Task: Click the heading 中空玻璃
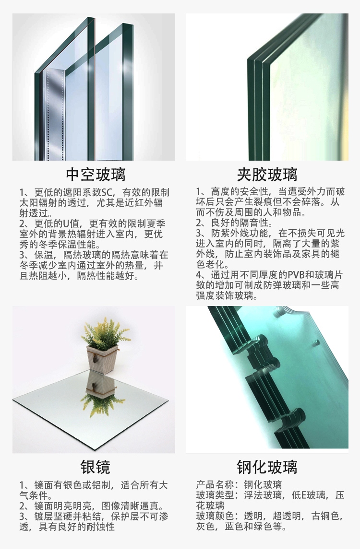[x=96, y=175]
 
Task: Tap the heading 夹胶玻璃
[x=267, y=175]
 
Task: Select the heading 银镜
[x=96, y=467]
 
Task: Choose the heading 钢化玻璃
[x=267, y=467]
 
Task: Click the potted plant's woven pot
[x=102, y=358]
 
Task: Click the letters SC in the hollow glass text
[x=108, y=193]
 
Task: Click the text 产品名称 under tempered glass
[x=215, y=485]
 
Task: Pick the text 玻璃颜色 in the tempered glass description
[x=215, y=516]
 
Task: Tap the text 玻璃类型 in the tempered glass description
[x=215, y=495]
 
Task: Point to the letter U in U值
[x=66, y=224]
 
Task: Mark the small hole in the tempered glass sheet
[x=316, y=342]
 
